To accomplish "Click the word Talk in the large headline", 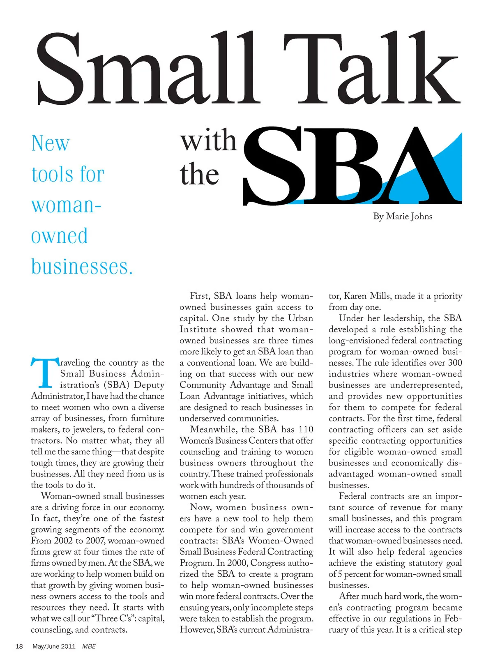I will pos(372,68).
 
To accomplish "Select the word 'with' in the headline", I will pos(208,141).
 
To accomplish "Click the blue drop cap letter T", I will pos(44,373).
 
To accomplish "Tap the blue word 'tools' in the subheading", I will pos(53,174).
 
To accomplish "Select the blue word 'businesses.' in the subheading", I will pos(82,267).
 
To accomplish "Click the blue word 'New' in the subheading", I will pos(50,143).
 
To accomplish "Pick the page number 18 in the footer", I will pos(19,646).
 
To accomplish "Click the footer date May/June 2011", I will pos(54,646).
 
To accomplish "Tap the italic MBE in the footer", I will pos(89,646).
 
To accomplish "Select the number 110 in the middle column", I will pos(306,430).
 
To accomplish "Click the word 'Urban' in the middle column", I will pos(300,318).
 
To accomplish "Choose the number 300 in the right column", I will pos(455,363).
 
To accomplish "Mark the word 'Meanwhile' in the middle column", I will pos(213,430).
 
